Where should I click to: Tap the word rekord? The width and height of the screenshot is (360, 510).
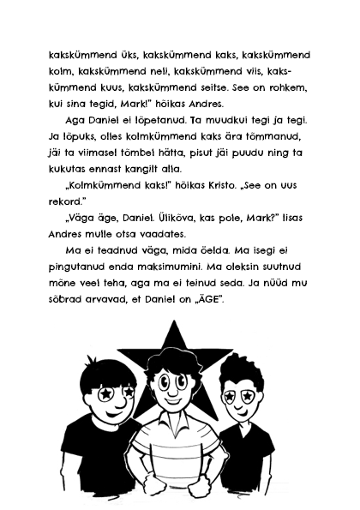coord(70,225)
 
